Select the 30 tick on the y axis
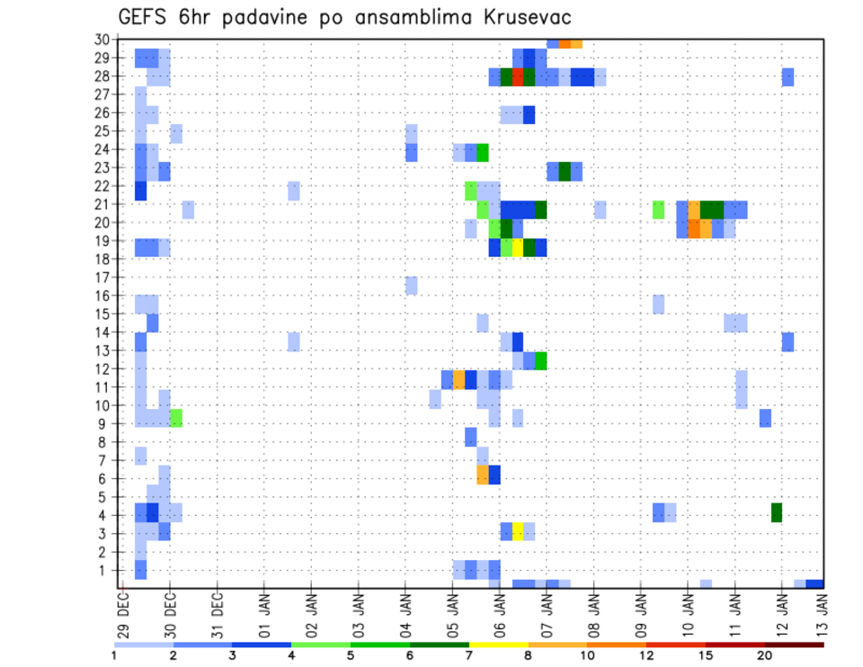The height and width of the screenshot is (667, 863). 102,40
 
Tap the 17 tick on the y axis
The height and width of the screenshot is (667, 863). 102,277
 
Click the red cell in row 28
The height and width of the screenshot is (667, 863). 518,76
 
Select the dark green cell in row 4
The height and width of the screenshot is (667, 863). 777,512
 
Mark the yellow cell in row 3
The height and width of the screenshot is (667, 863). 518,530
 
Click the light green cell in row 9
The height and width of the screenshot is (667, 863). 176,418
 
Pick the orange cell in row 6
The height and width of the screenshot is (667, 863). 483,475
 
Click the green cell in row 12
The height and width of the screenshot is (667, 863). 541,360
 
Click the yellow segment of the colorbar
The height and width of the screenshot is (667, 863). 498,645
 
